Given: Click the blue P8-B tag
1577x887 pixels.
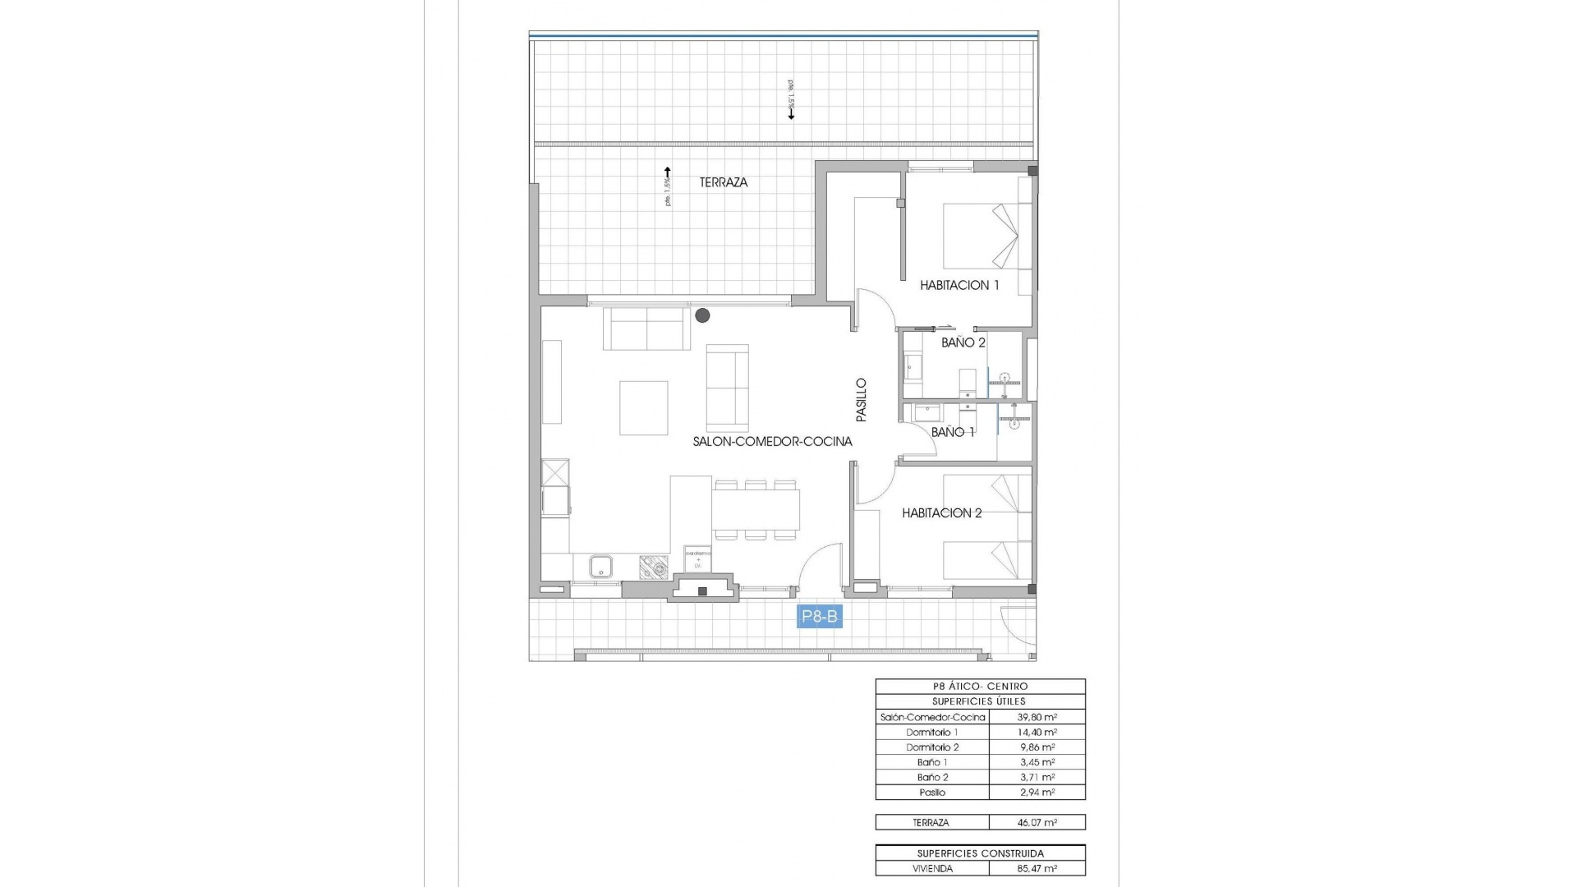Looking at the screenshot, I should click(820, 616).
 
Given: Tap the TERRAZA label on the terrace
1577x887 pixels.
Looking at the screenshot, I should click(724, 182).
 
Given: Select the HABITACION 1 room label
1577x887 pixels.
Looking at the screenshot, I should click(959, 286).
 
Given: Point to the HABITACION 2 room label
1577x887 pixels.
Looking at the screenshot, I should click(941, 513).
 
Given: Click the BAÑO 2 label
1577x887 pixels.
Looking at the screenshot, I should click(963, 342).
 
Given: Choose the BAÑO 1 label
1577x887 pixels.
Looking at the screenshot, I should click(953, 432).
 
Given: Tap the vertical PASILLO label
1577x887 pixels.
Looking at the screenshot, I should click(861, 400).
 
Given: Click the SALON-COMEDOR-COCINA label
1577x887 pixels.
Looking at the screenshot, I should click(772, 442).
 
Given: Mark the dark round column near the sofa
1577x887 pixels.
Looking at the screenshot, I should click(702, 315).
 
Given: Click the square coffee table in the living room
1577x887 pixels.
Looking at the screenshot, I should click(644, 407).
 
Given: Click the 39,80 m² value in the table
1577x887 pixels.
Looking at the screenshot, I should click(1037, 717).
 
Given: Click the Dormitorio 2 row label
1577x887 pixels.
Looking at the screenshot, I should click(932, 747).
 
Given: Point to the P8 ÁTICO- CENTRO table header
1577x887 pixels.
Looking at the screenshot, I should click(980, 687).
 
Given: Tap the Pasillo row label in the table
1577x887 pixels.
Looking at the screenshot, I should click(932, 793).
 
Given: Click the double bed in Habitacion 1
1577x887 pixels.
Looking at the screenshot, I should click(982, 236).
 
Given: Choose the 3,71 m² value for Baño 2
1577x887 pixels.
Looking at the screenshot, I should click(1037, 777).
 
